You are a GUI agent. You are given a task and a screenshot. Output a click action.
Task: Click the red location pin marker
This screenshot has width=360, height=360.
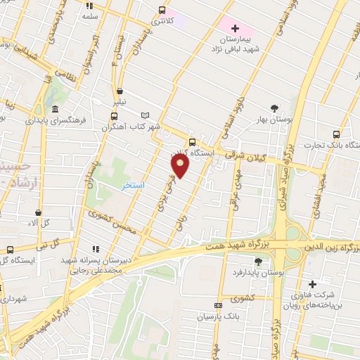coord(180,165)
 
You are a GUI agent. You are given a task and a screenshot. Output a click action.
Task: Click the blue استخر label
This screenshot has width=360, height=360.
coord(133,185)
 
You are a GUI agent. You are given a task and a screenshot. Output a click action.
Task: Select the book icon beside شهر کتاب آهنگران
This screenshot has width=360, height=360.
coord(146,115)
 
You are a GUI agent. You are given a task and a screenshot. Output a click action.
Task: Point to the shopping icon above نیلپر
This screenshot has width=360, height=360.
coord(120,91)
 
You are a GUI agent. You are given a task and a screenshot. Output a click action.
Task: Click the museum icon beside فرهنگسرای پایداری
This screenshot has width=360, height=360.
coord(55,108)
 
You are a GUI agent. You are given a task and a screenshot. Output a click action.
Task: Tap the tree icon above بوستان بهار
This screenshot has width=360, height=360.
coord(274,107)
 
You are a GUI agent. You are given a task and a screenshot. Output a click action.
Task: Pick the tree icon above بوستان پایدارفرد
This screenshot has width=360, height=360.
coord(259,262)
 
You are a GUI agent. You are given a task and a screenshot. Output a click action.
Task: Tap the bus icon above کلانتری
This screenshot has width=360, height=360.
coord(162,10)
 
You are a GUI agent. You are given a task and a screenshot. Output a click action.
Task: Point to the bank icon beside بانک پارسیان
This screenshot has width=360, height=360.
coord(217,305)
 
